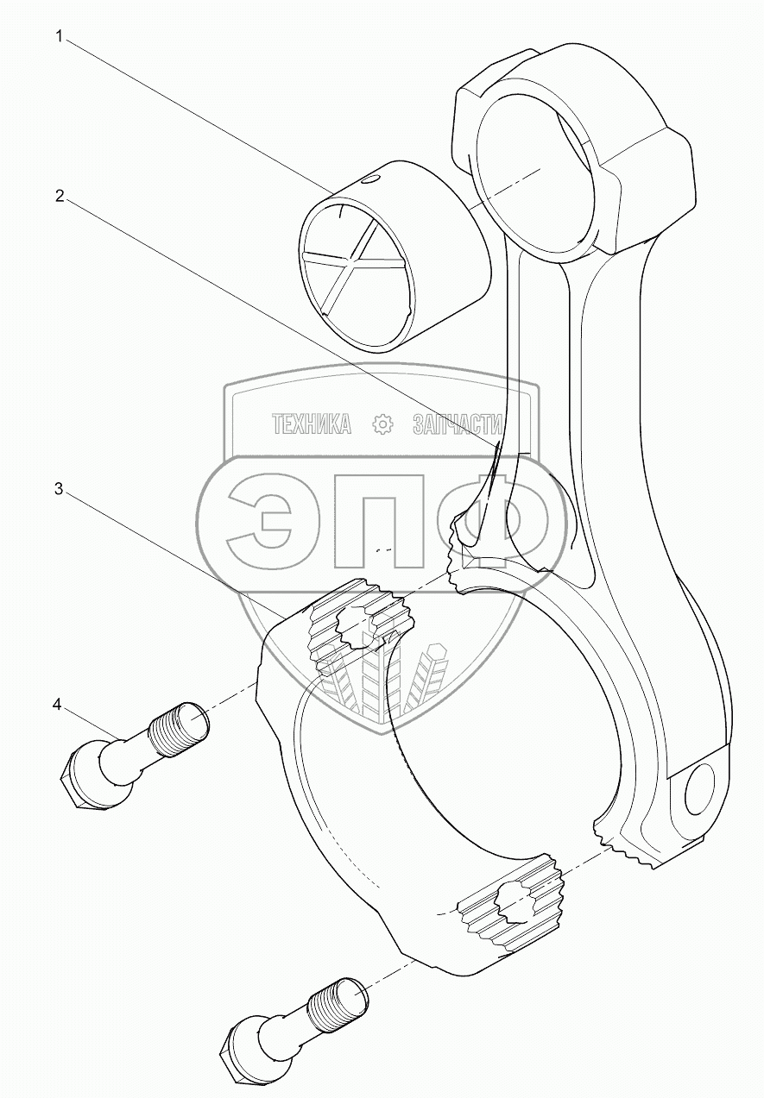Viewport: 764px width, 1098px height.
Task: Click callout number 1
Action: coord(58,36)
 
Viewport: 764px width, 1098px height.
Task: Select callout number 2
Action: coord(58,197)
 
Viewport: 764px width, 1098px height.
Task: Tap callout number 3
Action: coord(58,489)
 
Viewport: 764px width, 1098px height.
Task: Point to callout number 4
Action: coord(58,705)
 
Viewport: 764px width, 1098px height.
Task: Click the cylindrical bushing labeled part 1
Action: coord(393,259)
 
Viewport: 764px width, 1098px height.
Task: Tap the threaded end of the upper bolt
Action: coord(179,727)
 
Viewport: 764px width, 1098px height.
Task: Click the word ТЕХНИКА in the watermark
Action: coord(312,424)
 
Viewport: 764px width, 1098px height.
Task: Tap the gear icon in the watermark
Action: coord(382,424)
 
